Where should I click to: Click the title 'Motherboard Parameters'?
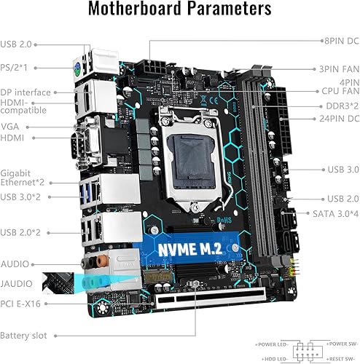pyautogui.click(x=180, y=10)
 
